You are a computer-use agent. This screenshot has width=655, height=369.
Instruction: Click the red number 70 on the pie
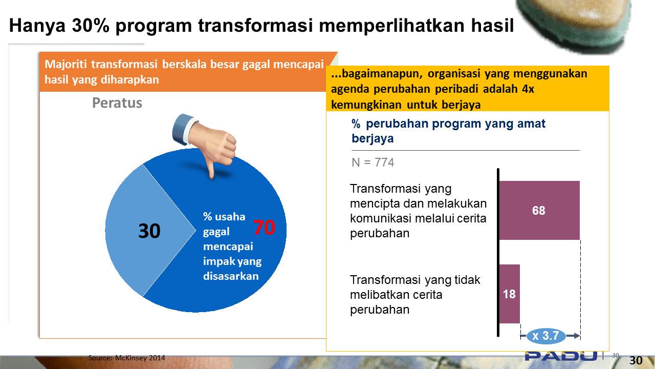click(264, 227)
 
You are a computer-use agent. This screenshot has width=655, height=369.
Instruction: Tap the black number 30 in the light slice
click(149, 231)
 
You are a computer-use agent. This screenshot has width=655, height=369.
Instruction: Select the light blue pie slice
click(143, 230)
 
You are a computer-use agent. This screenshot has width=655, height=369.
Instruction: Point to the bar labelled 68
click(539, 210)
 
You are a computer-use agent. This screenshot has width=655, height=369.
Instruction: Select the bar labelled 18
click(509, 294)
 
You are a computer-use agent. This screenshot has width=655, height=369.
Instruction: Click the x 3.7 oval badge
click(546, 336)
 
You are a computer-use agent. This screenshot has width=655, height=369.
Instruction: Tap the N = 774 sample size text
click(373, 162)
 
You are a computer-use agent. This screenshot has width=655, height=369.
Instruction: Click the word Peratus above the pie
click(117, 103)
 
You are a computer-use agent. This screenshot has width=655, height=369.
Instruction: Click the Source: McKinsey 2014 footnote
click(126, 358)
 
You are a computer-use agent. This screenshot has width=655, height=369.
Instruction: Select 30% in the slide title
click(91, 26)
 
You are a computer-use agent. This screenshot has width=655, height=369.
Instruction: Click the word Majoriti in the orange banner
click(66, 64)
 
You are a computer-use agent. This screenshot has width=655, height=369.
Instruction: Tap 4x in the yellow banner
click(528, 89)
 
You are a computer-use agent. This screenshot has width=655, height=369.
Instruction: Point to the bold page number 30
click(636, 360)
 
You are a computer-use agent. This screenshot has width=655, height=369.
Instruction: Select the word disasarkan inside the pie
click(231, 276)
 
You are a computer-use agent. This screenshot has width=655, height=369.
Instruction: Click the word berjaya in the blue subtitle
click(373, 139)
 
